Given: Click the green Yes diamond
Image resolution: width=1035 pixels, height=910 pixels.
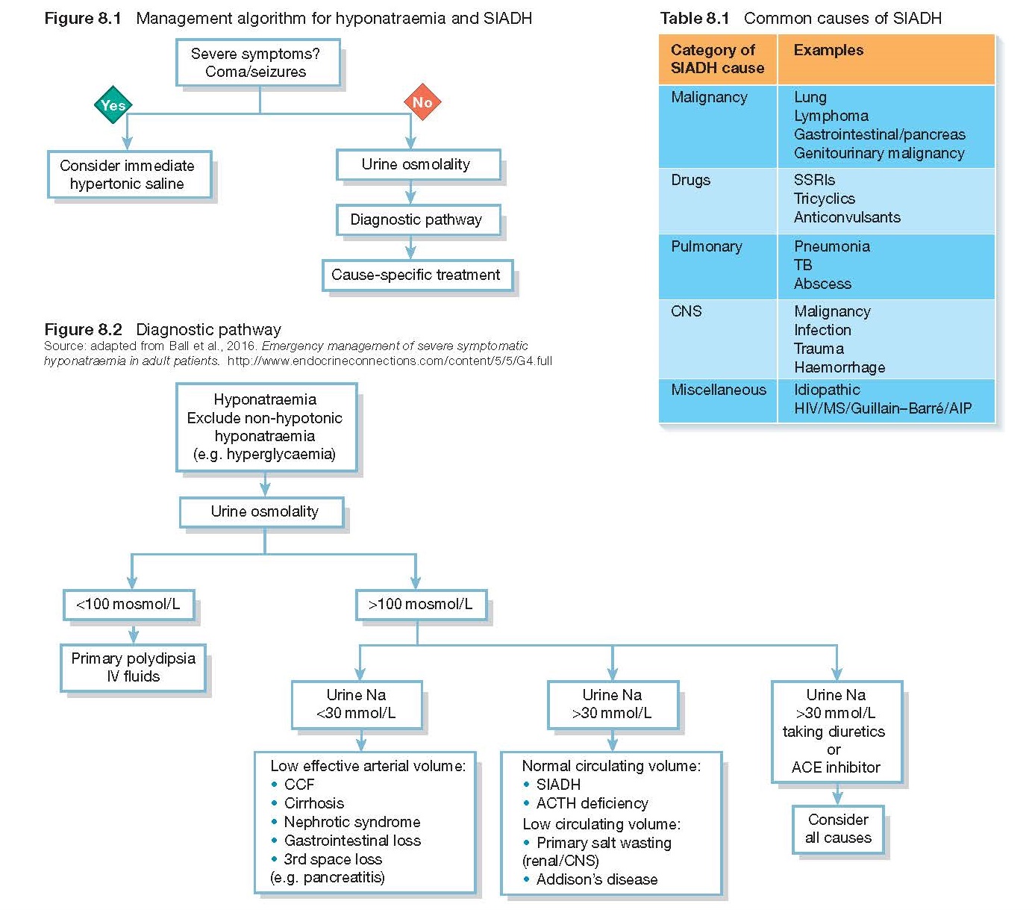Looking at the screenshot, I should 113,105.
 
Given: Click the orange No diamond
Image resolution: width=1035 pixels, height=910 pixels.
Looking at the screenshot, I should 422,102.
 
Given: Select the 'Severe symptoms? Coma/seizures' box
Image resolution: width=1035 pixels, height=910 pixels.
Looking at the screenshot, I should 257,63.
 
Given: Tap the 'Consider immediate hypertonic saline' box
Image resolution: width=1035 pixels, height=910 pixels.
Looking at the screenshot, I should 129,175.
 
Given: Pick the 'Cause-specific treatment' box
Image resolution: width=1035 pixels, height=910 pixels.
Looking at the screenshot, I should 416,275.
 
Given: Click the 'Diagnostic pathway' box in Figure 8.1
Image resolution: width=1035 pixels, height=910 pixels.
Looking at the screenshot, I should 416,219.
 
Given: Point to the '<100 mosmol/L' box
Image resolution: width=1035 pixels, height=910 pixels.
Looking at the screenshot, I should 128,605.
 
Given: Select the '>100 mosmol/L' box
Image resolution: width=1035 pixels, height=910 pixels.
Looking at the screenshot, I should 421,605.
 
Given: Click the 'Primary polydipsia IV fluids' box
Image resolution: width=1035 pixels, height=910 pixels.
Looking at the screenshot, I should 133,667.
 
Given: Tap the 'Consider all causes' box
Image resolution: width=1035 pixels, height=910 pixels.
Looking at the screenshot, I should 837,829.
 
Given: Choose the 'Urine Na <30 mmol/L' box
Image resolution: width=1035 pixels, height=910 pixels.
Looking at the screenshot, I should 356,704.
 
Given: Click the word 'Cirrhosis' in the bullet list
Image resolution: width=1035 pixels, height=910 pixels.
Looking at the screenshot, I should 314,803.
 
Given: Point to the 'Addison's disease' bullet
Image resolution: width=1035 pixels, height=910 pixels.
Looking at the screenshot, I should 596,879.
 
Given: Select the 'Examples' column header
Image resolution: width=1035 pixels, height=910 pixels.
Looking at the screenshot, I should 828,51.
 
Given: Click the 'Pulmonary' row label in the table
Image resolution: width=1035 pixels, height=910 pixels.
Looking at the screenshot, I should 706,247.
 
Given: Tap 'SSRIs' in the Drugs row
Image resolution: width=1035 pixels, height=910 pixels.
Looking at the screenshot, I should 814,180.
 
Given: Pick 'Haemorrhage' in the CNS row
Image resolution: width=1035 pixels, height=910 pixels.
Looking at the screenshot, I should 839,367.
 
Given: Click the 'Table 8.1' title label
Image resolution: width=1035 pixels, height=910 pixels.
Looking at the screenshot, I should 694,18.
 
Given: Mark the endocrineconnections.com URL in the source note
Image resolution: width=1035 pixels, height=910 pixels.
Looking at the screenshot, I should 390,361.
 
